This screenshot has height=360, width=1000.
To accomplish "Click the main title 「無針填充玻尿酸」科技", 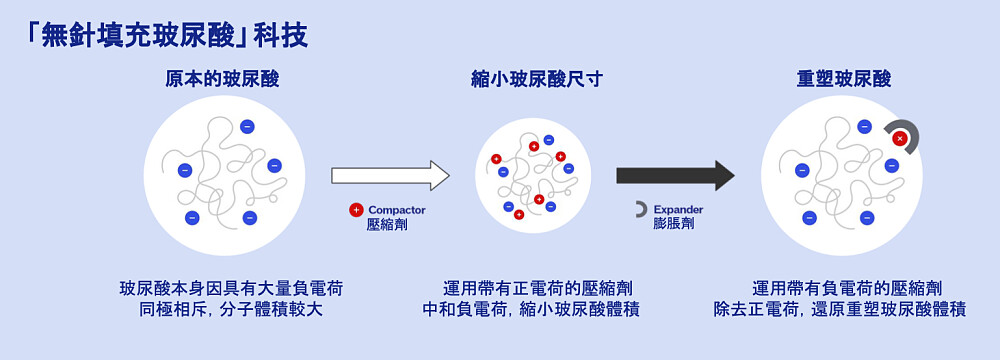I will tap(167, 35).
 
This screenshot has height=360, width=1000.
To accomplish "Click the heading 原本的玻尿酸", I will tap(222, 79).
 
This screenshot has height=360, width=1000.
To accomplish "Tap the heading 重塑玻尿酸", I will tap(843, 79).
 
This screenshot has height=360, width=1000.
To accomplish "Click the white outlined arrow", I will tap(390, 176).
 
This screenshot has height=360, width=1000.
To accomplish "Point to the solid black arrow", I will tap(675, 176).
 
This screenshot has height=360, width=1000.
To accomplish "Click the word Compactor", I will tap(397, 210).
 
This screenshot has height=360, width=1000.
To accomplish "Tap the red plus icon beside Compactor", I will tap(355, 210).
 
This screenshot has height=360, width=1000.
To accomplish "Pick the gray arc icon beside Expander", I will tap(641, 210).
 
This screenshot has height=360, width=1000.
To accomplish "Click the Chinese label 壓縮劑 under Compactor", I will tap(387, 225).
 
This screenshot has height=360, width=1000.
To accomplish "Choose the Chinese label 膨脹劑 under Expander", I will tap(673, 225).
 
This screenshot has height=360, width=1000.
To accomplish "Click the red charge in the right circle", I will tap(899, 138).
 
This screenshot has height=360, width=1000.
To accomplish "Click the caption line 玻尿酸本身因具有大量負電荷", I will tap(231, 289).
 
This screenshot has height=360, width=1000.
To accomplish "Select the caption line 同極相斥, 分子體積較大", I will tap(231, 310).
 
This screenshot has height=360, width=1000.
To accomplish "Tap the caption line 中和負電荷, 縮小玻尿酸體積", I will tap(531, 310).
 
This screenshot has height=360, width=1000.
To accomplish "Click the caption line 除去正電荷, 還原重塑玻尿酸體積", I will tap(839, 310).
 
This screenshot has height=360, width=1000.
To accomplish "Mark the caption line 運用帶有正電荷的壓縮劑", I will tap(532, 289).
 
